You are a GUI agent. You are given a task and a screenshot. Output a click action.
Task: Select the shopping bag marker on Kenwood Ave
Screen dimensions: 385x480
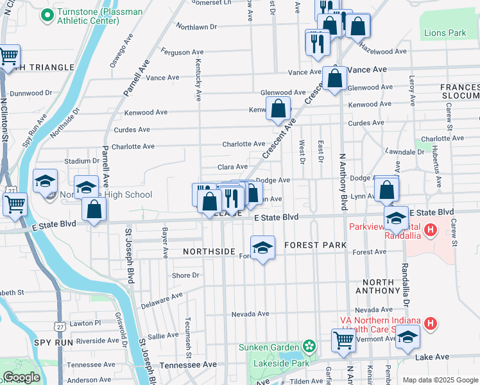[x=279, y=108]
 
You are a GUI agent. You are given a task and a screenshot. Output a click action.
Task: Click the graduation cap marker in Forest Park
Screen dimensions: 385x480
[x=262, y=248]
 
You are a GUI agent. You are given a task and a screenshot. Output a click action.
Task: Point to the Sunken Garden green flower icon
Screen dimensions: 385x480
[x=310, y=346]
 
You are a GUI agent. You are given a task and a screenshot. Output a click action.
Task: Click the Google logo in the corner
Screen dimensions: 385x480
[x=21, y=378]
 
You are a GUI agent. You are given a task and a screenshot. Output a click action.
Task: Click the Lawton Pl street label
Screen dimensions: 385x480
[x=85, y=323]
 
